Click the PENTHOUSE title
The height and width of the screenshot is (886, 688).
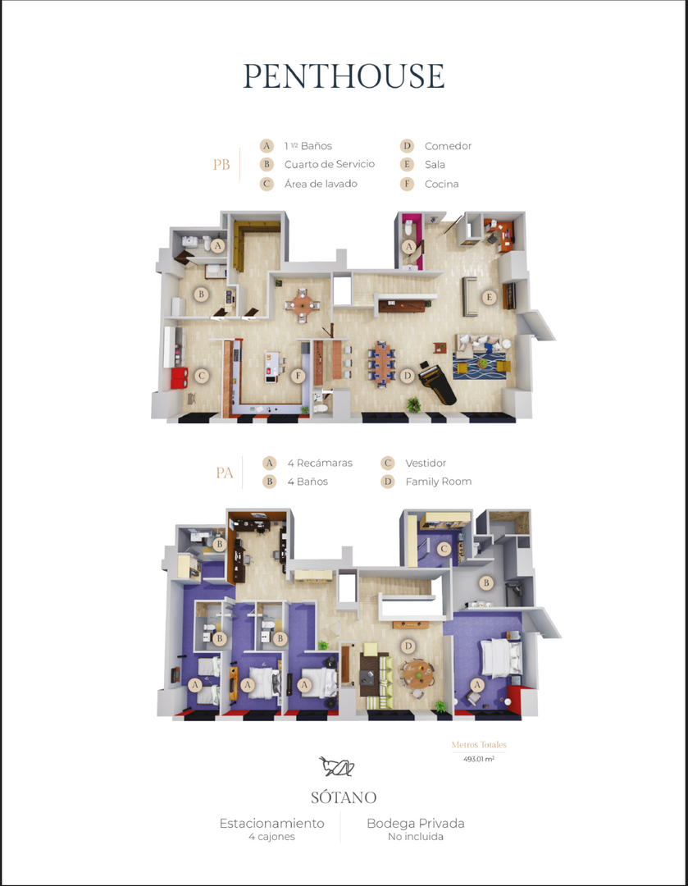click(x=344, y=75)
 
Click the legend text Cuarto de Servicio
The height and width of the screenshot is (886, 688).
click(x=330, y=164)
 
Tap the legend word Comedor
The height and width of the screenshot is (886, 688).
click(x=448, y=146)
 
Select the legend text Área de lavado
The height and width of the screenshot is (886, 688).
click(x=321, y=184)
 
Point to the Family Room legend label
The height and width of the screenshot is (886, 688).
click(x=439, y=482)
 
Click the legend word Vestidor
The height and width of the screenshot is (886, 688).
click(x=426, y=463)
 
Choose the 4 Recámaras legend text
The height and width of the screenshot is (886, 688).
click(x=320, y=463)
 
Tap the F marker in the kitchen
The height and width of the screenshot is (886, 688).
click(x=298, y=375)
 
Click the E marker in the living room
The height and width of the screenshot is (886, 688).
click(x=490, y=297)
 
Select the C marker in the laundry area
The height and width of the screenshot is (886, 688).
click(x=202, y=376)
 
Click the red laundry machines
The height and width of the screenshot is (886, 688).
click(x=179, y=377)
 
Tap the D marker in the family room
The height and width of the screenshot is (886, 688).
click(x=408, y=646)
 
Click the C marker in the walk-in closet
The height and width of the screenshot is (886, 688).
click(x=444, y=548)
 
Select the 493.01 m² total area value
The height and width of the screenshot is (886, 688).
click(x=479, y=759)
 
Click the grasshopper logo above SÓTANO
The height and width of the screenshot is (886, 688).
click(x=337, y=766)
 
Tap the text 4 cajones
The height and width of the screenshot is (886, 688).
click(x=271, y=836)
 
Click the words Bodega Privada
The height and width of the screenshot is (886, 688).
click(x=416, y=824)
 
